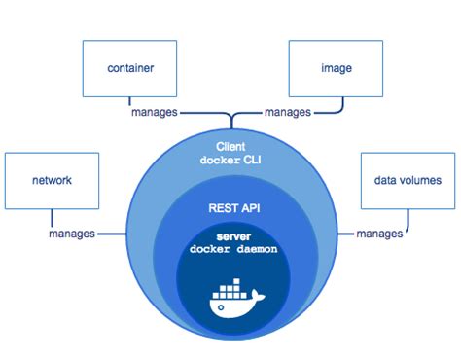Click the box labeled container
click(x=129, y=68)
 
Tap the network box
click(x=51, y=180)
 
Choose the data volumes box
click(x=408, y=180)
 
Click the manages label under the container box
click(x=155, y=112)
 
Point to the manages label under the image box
click(x=289, y=112)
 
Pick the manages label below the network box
click(x=71, y=234)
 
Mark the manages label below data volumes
click(x=379, y=234)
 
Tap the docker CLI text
click(x=230, y=160)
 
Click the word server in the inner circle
click(x=230, y=237)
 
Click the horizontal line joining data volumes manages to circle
click(x=344, y=234)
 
